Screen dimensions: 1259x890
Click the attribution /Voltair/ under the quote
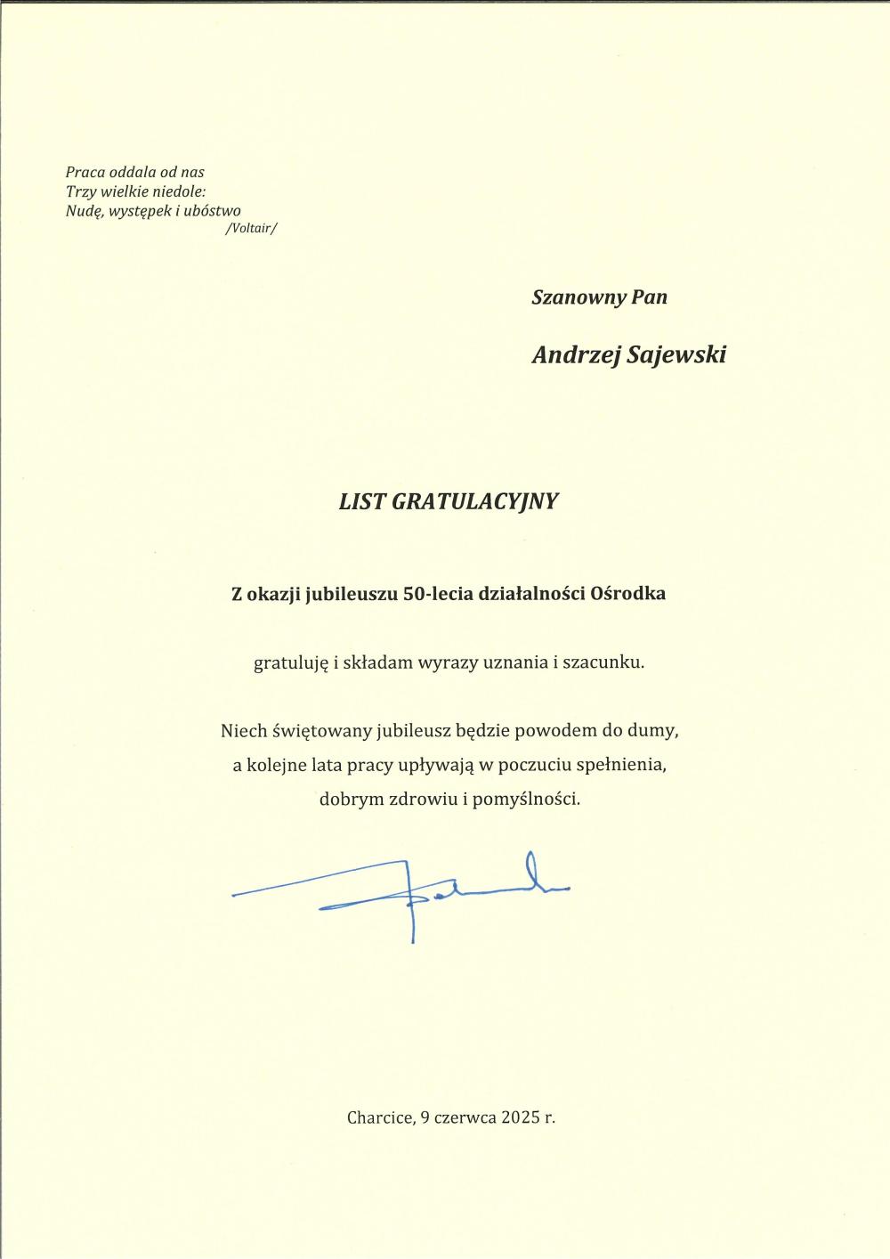(252, 229)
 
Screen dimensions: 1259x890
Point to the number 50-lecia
(438, 594)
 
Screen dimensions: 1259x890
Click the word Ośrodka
(628, 594)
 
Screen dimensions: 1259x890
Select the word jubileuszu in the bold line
(351, 594)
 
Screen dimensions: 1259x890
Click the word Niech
(244, 731)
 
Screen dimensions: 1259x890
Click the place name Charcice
(380, 1117)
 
